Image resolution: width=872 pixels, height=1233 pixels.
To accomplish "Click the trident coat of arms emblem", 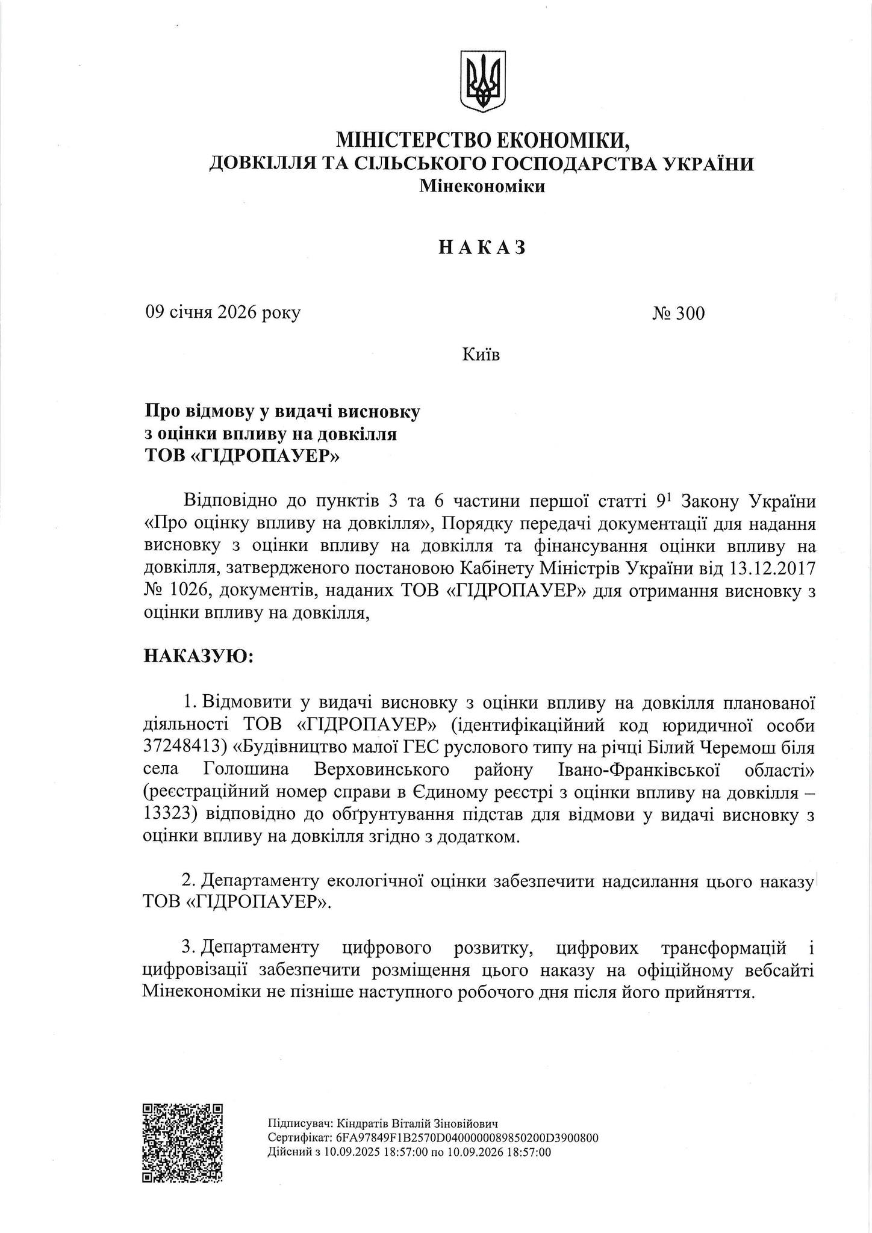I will pos(482,80).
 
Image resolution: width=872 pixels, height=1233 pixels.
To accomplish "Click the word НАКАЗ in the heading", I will pos(482,247).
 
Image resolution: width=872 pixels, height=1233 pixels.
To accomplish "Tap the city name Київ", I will pos(481,355).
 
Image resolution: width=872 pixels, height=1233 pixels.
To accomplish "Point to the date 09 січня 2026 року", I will pos(222,313).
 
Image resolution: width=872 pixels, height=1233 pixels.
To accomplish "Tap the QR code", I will pos(182,1143).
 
